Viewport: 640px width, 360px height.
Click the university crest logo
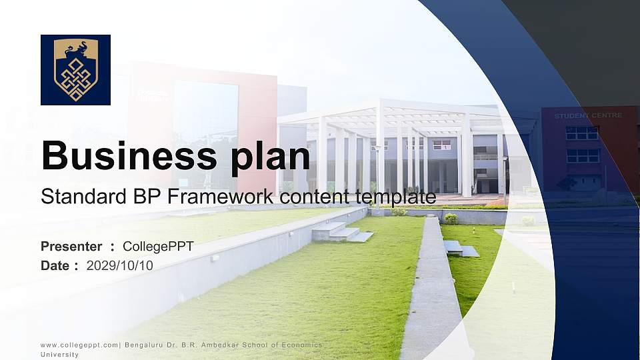75,70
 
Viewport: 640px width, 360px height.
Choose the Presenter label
71,247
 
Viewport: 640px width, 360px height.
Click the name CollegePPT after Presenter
158,247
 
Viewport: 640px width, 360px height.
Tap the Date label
55,265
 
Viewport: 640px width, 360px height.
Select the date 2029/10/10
120,265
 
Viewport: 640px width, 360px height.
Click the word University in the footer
59,355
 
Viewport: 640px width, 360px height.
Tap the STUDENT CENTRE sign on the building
588,115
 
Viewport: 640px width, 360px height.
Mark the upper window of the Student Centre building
582,133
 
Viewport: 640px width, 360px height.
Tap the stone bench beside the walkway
461,249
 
